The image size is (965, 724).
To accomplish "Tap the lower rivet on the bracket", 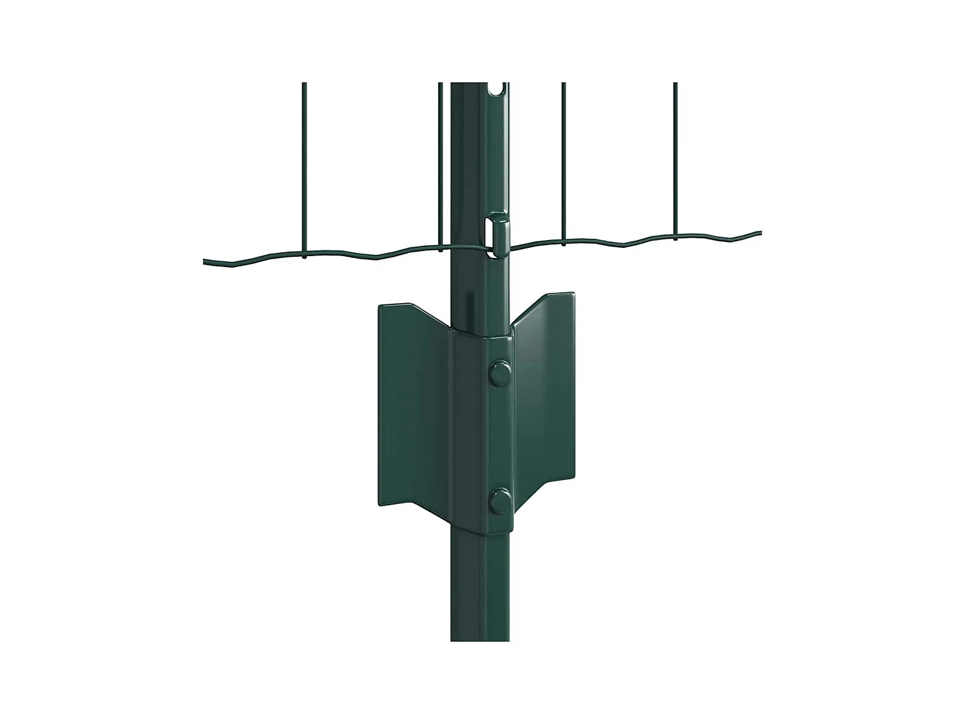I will coord(499,501).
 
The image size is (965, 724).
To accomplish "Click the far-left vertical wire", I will coord(304,167).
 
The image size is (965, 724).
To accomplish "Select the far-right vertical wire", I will coord(675,161).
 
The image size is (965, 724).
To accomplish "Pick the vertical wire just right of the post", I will coord(564,161).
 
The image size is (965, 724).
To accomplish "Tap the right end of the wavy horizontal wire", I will coord(759,232).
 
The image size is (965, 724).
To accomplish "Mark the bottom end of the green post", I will coord(480,637).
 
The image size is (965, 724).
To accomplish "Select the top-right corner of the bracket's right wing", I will coord(573,294).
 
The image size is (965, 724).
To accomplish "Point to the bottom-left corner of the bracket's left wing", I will coord(380,503).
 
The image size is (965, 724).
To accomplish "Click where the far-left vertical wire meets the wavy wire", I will coord(304,255).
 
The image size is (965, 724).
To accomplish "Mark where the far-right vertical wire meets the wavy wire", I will coord(675,239).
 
